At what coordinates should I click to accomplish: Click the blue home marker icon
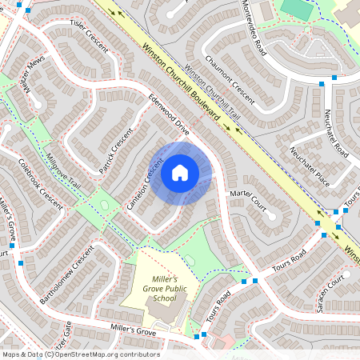(x=180, y=172)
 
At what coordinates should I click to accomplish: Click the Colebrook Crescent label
(x=40, y=183)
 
